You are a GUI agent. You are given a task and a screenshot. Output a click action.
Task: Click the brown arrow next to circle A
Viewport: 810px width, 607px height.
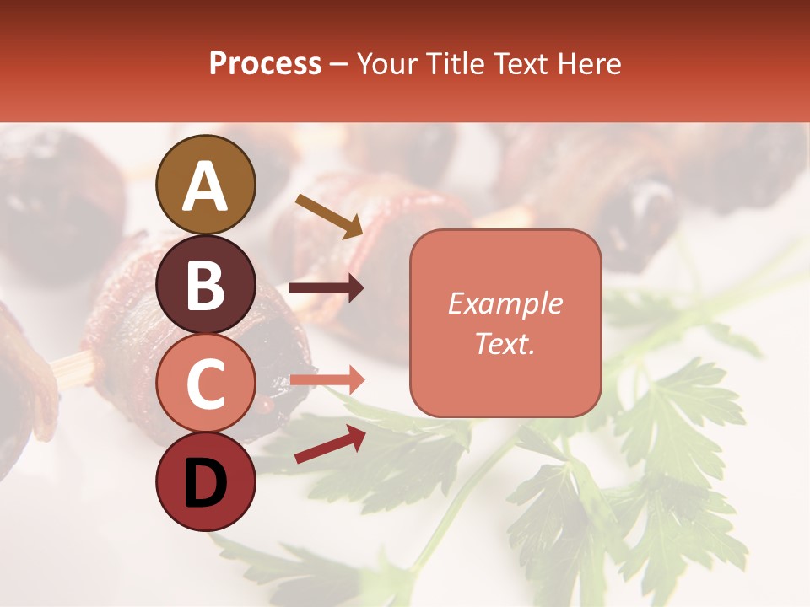tap(329, 216)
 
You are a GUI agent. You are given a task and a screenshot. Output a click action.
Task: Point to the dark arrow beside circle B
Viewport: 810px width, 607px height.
tap(327, 288)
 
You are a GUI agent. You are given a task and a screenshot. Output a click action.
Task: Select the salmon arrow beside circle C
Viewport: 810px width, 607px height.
tap(327, 381)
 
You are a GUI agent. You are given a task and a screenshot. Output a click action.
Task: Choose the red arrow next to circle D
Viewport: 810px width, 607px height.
tap(330, 444)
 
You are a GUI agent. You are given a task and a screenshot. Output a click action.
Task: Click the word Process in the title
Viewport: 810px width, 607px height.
tap(265, 64)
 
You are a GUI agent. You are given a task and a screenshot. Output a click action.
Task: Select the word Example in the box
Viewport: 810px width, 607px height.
tap(505, 303)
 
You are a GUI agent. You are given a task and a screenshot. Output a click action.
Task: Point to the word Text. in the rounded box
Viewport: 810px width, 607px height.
tap(505, 343)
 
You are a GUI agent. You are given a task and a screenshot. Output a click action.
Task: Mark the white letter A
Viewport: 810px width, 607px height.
tap(206, 185)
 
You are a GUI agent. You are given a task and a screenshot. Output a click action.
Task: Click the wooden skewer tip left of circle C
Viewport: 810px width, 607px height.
tap(71, 368)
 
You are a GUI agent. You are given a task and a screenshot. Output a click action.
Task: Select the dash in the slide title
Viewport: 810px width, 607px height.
tap(339, 64)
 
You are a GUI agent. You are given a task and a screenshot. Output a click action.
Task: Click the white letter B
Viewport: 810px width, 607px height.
tap(206, 285)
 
